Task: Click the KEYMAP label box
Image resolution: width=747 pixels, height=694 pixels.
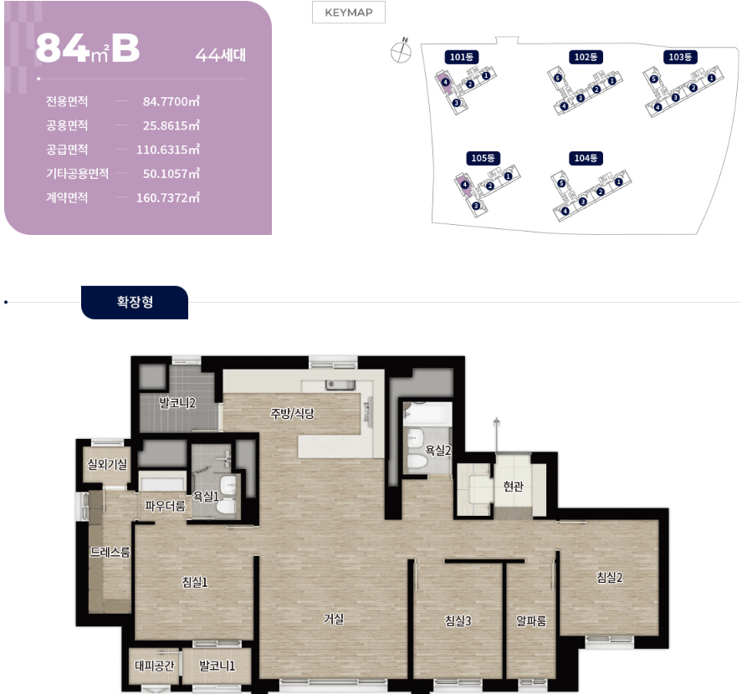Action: click(x=349, y=13)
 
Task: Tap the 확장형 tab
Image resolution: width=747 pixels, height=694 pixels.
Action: click(x=135, y=303)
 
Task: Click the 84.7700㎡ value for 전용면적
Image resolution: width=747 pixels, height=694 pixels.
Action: click(x=171, y=101)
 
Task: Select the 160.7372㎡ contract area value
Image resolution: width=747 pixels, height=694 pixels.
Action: click(x=167, y=197)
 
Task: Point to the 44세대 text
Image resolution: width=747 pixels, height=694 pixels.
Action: click(x=221, y=55)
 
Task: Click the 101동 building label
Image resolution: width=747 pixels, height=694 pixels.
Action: click(x=462, y=57)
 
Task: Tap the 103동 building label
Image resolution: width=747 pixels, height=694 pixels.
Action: click(x=680, y=57)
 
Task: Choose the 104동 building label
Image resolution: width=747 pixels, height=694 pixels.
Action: click(x=586, y=158)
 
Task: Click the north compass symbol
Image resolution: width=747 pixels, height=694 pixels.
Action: click(x=402, y=51)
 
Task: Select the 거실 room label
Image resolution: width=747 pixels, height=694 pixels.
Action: click(x=334, y=619)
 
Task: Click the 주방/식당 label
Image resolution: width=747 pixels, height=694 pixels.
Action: click(x=293, y=413)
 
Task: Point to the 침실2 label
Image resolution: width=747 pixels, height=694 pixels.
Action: click(x=610, y=577)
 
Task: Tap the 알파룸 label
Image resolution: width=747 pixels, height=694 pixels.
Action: click(x=531, y=620)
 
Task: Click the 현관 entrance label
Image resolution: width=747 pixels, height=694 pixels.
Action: click(x=513, y=486)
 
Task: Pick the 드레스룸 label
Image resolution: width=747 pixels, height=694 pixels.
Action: click(x=110, y=552)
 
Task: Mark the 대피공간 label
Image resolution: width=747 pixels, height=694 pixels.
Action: click(x=155, y=666)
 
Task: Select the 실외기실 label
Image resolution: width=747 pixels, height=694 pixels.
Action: click(x=107, y=464)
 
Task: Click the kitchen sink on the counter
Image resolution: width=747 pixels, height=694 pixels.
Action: click(x=340, y=385)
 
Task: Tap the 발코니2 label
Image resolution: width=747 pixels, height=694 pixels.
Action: click(x=177, y=403)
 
